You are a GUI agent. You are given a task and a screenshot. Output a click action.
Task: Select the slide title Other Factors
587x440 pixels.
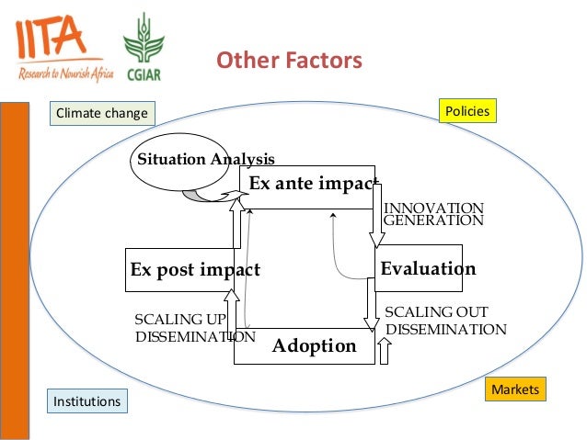pyautogui.click(x=289, y=62)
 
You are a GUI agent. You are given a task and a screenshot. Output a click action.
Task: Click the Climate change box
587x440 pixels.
pyautogui.click(x=101, y=114)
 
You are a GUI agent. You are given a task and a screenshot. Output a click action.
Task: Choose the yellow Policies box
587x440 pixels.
pyautogui.click(x=467, y=112)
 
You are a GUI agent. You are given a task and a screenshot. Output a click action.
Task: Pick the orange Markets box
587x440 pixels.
pyautogui.click(x=514, y=390)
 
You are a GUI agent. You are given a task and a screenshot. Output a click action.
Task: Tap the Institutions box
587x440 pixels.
pyautogui.click(x=86, y=401)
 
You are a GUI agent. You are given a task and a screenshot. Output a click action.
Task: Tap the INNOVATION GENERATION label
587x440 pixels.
pyautogui.click(x=432, y=214)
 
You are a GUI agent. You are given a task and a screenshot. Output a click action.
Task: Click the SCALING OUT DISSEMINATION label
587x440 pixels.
pyautogui.click(x=444, y=321)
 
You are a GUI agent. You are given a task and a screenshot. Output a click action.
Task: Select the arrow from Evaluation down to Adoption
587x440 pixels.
pyautogui.click(x=371, y=303)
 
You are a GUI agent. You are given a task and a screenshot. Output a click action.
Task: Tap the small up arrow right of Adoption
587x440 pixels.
pyautogui.click(x=385, y=350)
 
